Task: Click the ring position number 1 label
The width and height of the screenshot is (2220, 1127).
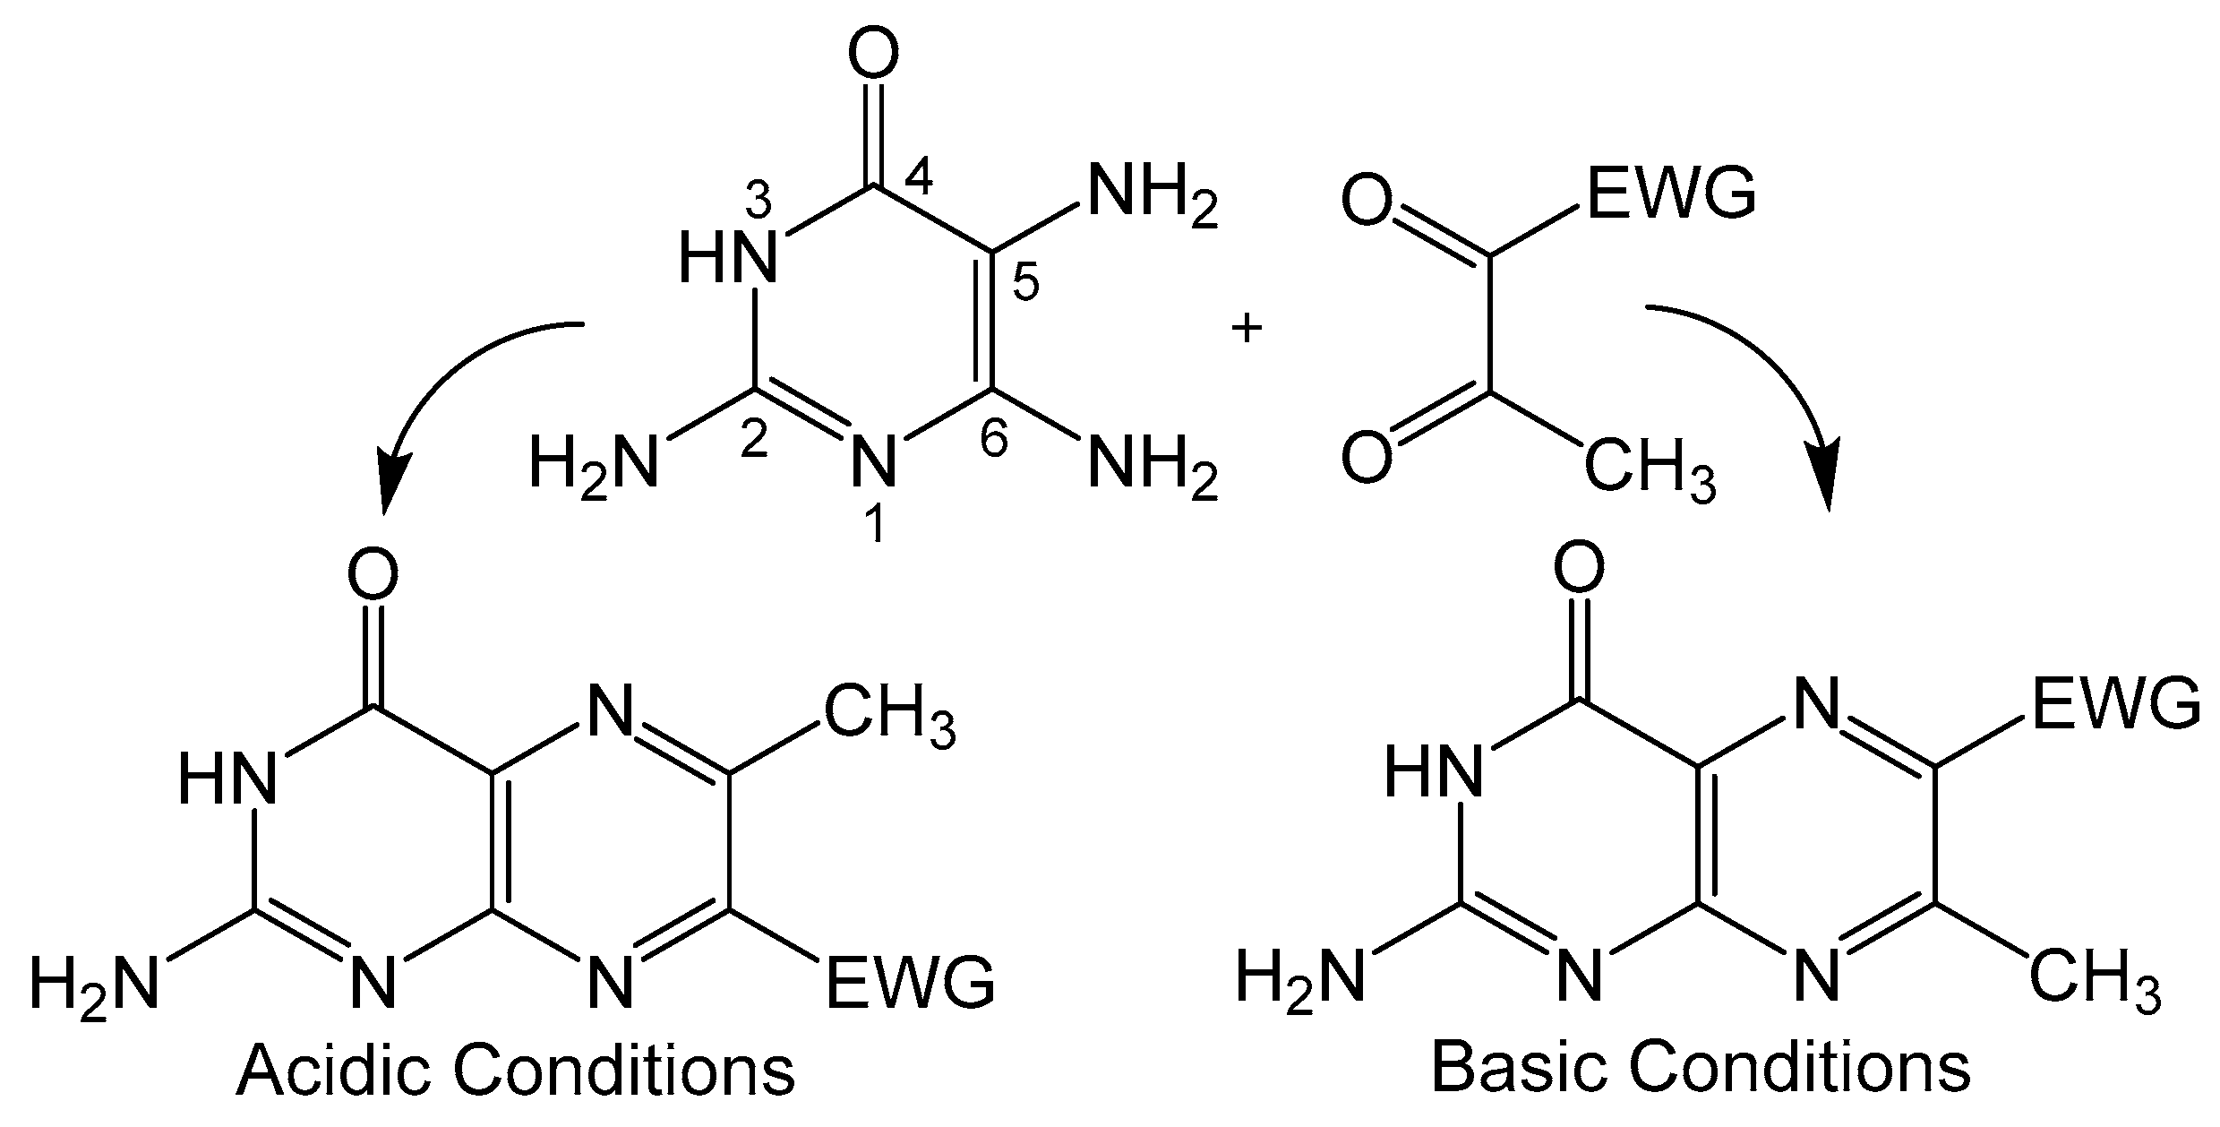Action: tap(875, 525)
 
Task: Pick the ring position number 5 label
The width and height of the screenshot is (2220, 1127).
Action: tap(1024, 284)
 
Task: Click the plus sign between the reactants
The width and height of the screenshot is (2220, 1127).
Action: tap(1247, 330)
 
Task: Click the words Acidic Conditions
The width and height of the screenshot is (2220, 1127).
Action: tap(515, 1071)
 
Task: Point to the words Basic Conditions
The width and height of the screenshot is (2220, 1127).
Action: tap(1701, 1067)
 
